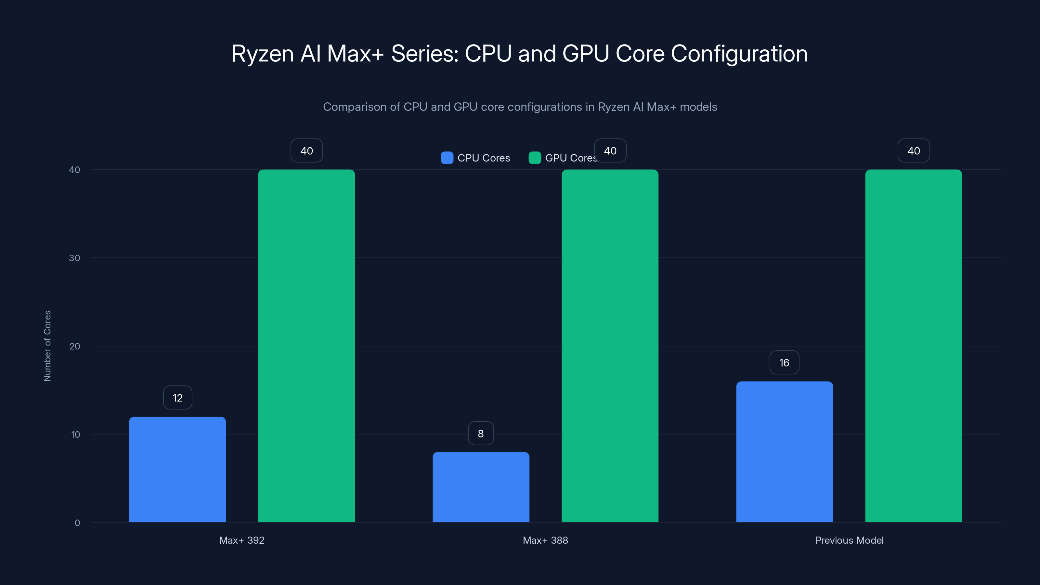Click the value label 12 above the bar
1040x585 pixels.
coord(178,398)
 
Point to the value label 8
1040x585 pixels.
coord(481,433)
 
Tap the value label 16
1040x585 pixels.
coord(784,363)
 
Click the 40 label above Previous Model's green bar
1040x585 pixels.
coord(914,150)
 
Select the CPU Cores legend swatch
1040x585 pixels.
coord(447,158)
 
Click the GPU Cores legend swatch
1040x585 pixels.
coord(535,158)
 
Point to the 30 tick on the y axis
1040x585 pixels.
coord(74,258)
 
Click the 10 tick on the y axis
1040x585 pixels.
coord(75,435)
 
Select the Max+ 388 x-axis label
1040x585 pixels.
coord(545,540)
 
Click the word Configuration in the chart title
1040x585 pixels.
coord(739,54)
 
